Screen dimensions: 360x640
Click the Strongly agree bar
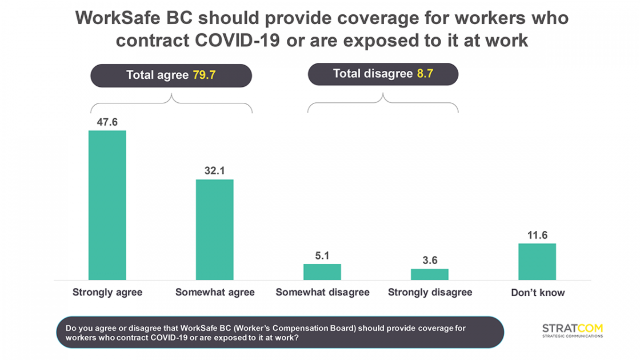pyautogui.click(x=107, y=205)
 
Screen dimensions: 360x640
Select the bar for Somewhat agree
pyautogui.click(x=214, y=229)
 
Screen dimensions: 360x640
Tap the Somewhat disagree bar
pyautogui.click(x=322, y=272)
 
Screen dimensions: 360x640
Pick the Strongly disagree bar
pyautogui.click(x=429, y=274)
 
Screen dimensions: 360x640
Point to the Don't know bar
pyautogui.click(x=537, y=261)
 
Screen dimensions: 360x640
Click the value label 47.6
pyautogui.click(x=107, y=122)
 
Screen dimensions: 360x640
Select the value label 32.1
pyautogui.click(x=214, y=171)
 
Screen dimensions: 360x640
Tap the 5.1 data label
pyautogui.click(x=322, y=255)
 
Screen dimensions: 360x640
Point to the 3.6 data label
pyautogui.click(x=430, y=261)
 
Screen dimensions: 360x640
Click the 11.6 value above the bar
pyautogui.click(x=537, y=235)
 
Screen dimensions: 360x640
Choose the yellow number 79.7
pyautogui.click(x=204, y=74)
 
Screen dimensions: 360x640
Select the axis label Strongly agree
pyautogui.click(x=107, y=293)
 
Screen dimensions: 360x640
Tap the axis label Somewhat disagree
pyautogui.click(x=322, y=293)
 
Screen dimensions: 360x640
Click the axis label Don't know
pyautogui.click(x=537, y=293)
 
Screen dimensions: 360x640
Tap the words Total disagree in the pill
pyautogui.click(x=372, y=74)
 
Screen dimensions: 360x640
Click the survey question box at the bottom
pyautogui.click(x=280, y=333)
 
